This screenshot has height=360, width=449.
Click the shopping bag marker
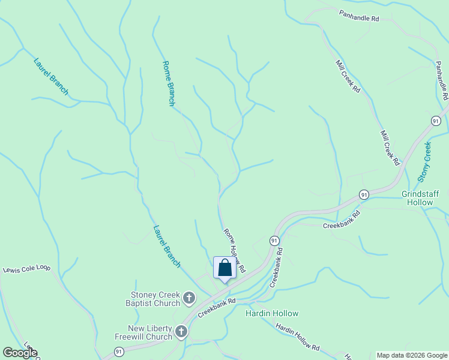pyautogui.click(x=224, y=268)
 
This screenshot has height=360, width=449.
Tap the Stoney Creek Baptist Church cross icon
pyautogui.click(x=189, y=298)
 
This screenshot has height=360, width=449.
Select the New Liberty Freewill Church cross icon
pyautogui.click(x=181, y=332)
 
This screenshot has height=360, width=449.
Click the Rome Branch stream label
pyautogui.click(x=169, y=83)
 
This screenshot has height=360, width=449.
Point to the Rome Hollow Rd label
pyautogui.click(x=235, y=251)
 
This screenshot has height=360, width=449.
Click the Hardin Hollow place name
pyautogui.click(x=272, y=313)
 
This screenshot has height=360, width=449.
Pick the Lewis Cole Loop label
pyautogui.click(x=27, y=269)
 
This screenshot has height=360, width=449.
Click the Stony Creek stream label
pyautogui.click(x=424, y=161)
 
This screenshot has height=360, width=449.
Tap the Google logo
pyautogui.click(x=20, y=353)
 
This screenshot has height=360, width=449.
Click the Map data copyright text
pyautogui.click(x=412, y=355)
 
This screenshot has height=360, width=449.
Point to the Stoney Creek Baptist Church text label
pyautogui.click(x=155, y=298)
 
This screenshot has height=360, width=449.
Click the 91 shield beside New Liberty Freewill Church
pyautogui.click(x=119, y=351)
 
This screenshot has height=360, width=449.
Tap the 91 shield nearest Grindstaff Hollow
pyautogui.click(x=364, y=194)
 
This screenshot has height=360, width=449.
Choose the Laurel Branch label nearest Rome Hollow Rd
pyautogui.click(x=167, y=246)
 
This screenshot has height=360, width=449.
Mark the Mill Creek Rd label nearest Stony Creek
pyautogui.click(x=389, y=148)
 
